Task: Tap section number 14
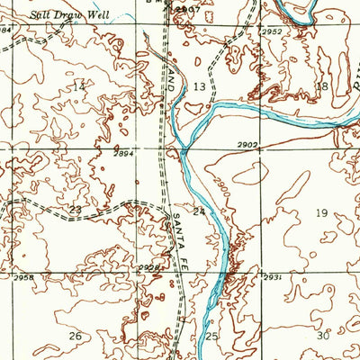pyautogui.click(x=79, y=86)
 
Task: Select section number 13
pyautogui.click(x=199, y=86)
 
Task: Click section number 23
pyautogui.click(x=76, y=210)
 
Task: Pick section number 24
pyautogui.click(x=199, y=212)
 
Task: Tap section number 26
pyautogui.click(x=76, y=336)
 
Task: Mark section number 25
pyautogui.click(x=212, y=336)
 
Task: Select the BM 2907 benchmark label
pyautogui.click(x=184, y=5)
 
